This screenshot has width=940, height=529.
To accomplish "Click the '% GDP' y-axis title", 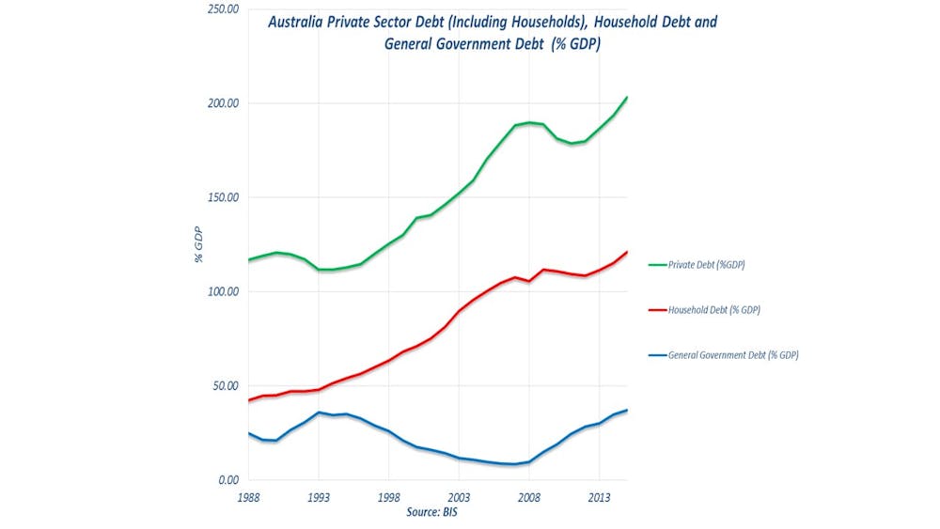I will point(199,244).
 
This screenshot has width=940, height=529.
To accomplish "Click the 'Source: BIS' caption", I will point(433,512).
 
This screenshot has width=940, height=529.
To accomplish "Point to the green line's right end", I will point(627,98).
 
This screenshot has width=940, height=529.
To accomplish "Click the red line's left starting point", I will point(249,400).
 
